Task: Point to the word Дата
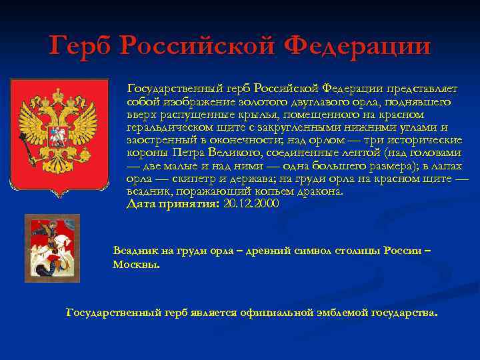(x=141, y=204)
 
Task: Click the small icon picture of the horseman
(x=52, y=248)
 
